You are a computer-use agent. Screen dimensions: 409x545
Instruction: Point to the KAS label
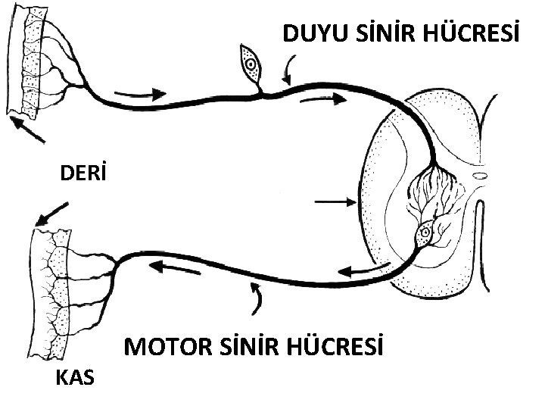[76, 376]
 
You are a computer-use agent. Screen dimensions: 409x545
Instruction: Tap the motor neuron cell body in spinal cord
[426, 231]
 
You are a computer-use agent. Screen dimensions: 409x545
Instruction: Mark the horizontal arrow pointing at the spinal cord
[334, 201]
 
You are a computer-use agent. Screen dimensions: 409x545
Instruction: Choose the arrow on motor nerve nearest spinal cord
[362, 270]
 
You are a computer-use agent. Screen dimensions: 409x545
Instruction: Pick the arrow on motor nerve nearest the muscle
[173, 266]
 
